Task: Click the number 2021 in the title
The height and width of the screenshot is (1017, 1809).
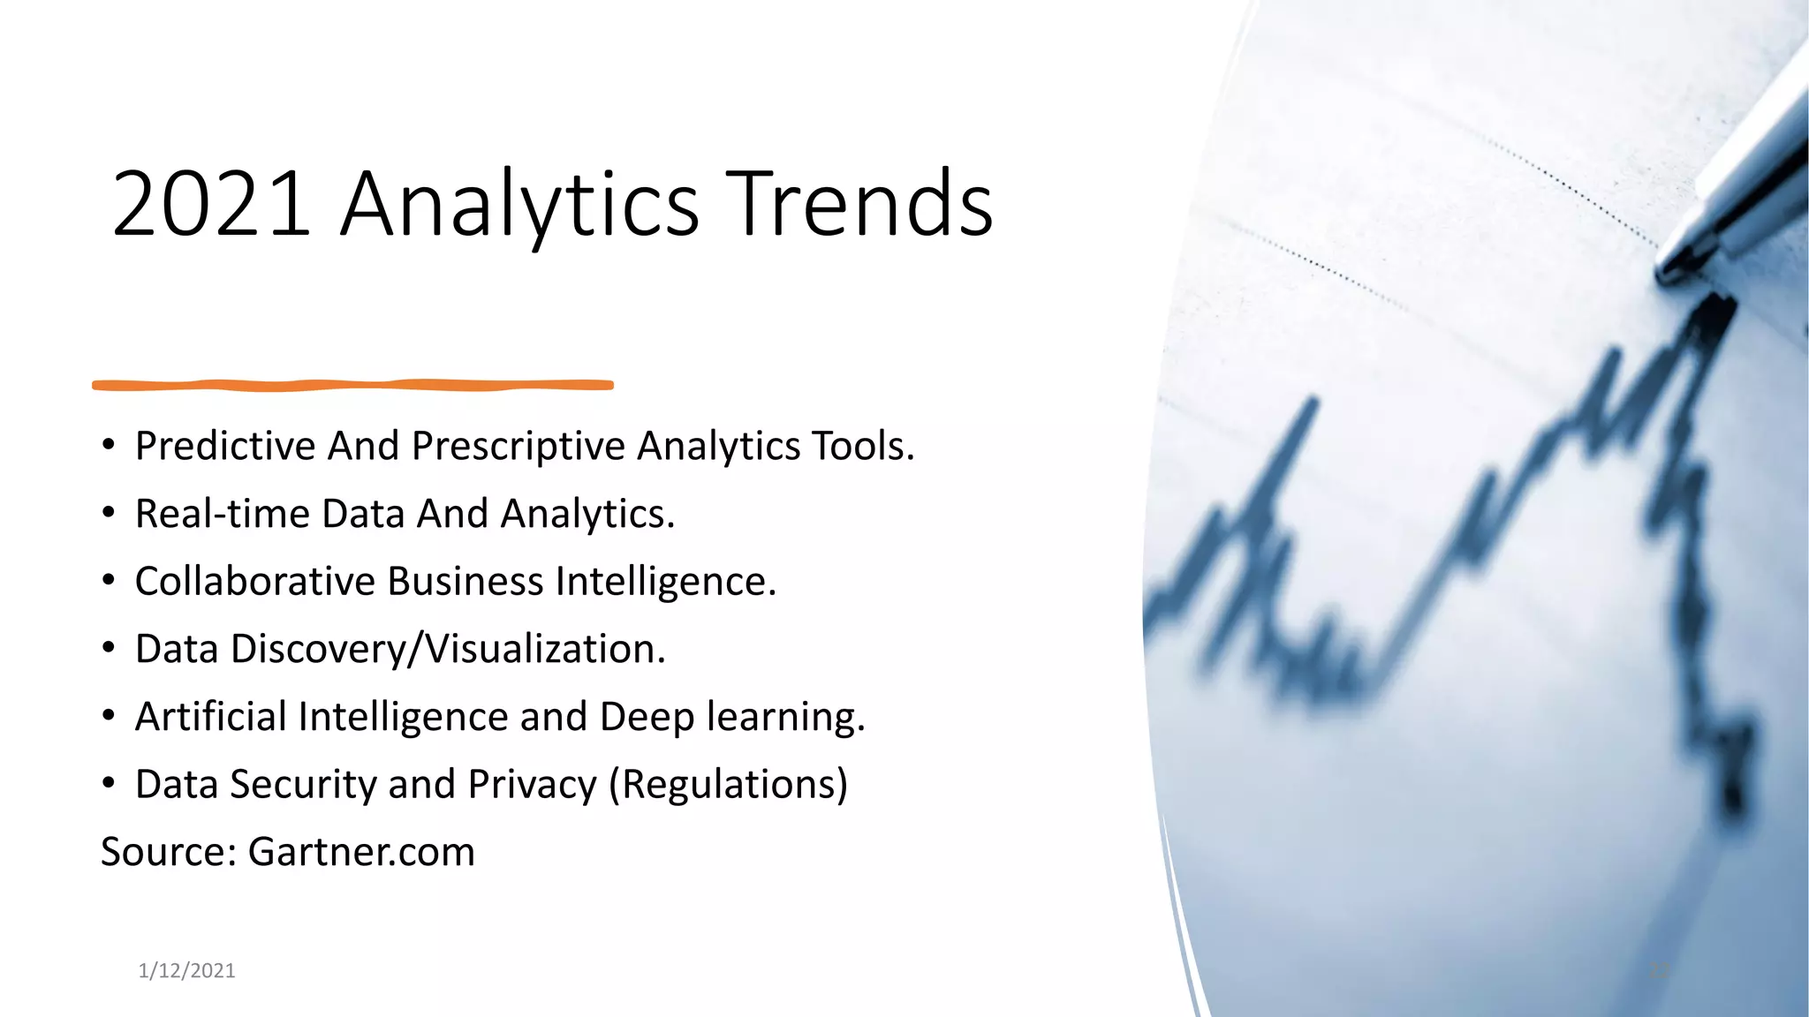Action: click(x=212, y=205)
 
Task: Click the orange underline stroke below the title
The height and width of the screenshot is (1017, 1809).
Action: click(x=353, y=385)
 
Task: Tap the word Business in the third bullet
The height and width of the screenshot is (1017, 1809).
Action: click(x=465, y=582)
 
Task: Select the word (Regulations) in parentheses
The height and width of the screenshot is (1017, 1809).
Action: click(x=728, y=785)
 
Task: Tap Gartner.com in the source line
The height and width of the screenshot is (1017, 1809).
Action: click(x=361, y=852)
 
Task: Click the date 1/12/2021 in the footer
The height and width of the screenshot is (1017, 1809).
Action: click(x=186, y=971)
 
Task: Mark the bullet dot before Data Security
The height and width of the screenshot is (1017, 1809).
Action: click(x=109, y=784)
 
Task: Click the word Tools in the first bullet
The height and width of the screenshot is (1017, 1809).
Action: click(x=863, y=446)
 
